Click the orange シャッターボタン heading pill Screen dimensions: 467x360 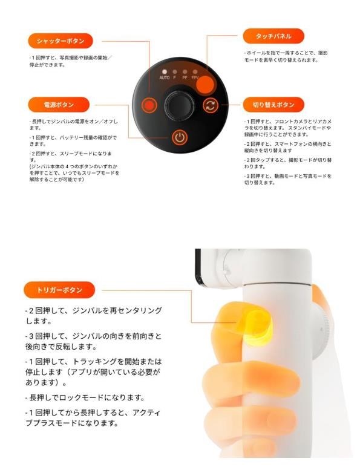pos(60,41)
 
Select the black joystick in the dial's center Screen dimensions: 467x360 pos(179,104)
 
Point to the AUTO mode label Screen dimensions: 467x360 pos(164,78)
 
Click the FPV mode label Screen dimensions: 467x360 pos(195,78)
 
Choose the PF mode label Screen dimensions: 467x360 pos(185,78)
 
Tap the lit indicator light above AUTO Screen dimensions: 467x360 pos(164,71)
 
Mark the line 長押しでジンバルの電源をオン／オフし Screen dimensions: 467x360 pos(73,122)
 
